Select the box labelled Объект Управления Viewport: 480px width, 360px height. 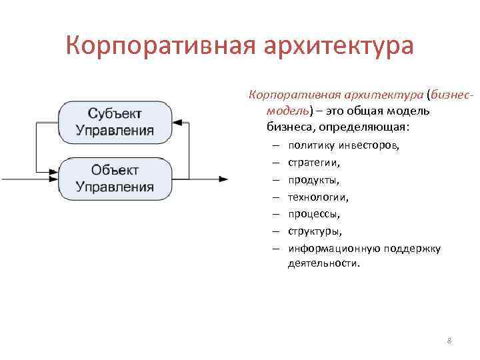pos(115,177)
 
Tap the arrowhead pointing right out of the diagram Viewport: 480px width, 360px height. pos(224,179)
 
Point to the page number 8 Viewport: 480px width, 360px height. pos(449,341)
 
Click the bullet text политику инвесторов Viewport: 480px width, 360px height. pos(343,145)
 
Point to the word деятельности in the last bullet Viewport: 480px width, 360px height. pos(323,263)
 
